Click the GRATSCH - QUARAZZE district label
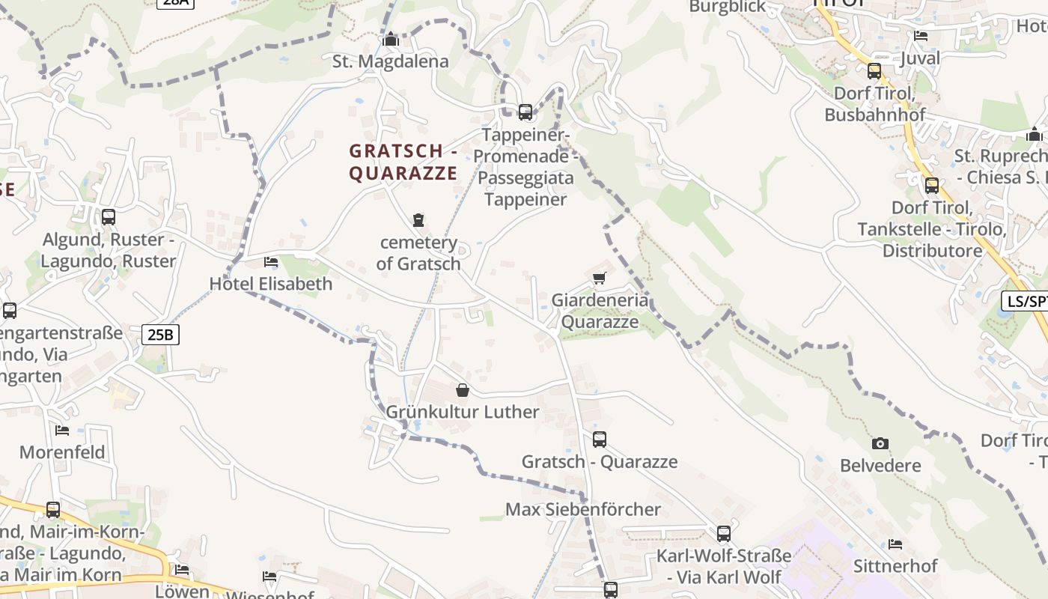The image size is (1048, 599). coord(403,162)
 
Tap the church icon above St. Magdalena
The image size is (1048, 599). coord(391,39)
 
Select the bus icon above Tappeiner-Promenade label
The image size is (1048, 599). coord(525,112)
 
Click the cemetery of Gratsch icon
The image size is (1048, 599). coord(418,220)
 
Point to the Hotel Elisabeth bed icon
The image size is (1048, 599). coord(271,262)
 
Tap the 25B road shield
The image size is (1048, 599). coord(160,334)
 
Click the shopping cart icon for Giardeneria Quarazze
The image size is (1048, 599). coord(599,279)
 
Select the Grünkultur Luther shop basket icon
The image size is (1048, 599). coord(463,390)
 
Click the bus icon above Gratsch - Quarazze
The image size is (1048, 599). coord(600,440)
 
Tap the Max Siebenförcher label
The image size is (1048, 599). coord(583,509)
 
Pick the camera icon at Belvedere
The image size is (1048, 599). coord(880,443)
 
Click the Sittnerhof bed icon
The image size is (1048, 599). coord(895,544)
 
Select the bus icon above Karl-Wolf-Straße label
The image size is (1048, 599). coord(724,534)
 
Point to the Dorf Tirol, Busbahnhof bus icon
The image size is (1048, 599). coord(874,71)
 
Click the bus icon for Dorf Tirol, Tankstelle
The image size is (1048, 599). coord(932,186)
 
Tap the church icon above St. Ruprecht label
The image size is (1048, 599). coord(1035,135)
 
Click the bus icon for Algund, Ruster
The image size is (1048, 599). coord(109,217)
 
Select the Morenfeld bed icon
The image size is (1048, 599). coord(62,430)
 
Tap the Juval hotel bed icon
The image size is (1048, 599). coord(921,35)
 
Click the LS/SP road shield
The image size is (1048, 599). coord(1026,301)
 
